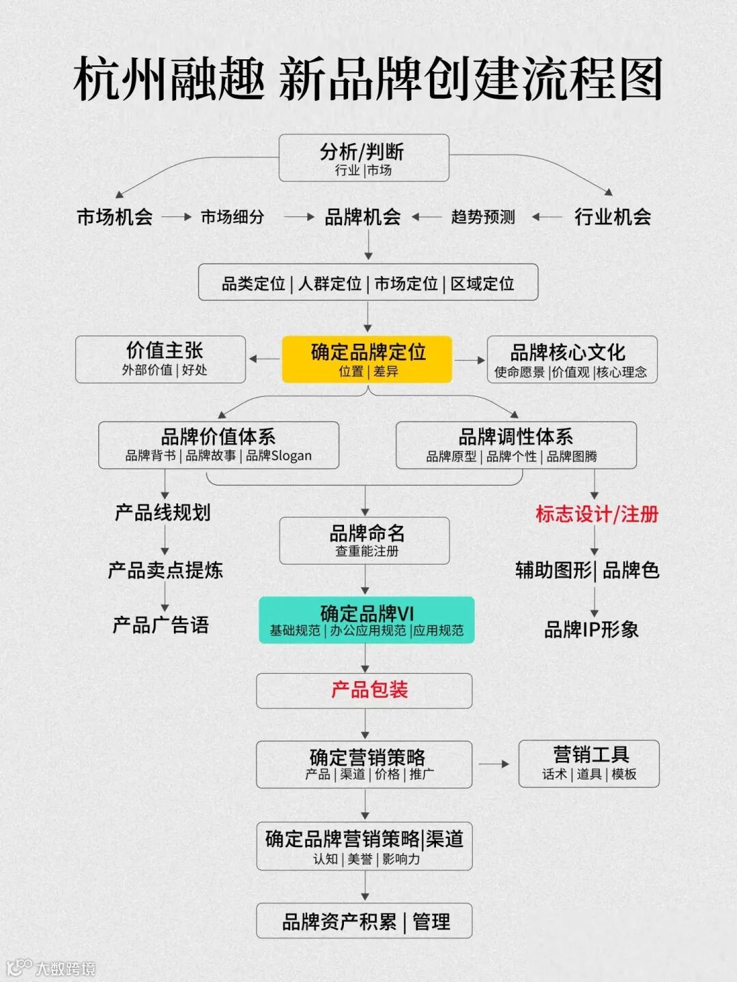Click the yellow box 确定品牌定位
point(367,359)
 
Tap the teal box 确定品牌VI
point(366,620)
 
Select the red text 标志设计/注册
point(596,514)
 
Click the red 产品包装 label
point(369,690)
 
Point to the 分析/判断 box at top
point(364,158)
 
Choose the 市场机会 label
point(115,217)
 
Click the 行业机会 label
point(612,217)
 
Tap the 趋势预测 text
point(482,217)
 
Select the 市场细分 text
point(232,217)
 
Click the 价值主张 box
point(160,359)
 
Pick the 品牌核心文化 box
point(572,359)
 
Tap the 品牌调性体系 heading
point(515,436)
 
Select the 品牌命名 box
point(364,540)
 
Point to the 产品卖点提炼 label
point(165,570)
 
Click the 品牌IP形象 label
point(591,629)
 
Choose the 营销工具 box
point(589,763)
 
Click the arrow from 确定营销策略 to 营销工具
point(494,764)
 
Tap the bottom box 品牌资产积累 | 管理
point(364,921)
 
